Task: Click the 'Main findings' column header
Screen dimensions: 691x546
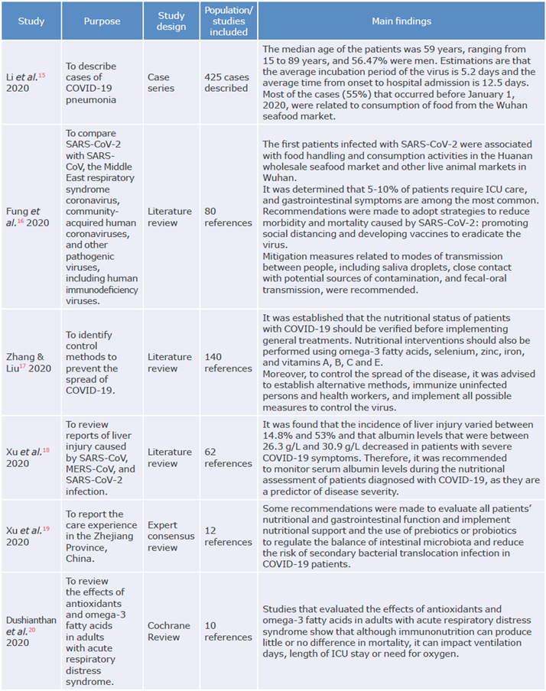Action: [402, 21]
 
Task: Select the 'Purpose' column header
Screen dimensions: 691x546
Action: [102, 21]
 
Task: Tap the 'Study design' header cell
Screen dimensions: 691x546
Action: [171, 21]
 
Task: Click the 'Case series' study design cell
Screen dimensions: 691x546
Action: [159, 83]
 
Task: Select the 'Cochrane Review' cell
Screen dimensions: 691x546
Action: [170, 631]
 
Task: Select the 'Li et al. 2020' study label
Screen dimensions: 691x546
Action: [31, 83]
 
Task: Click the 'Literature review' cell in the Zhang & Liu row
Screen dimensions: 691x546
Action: [170, 362]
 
